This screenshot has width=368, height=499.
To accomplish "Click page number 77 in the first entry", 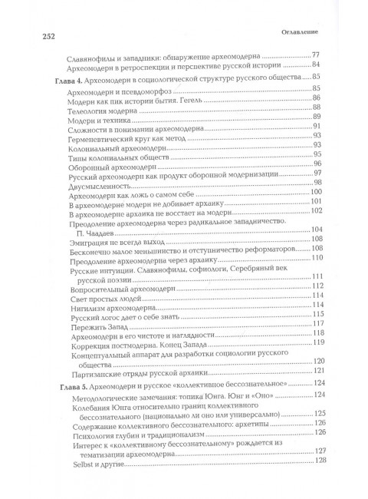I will coord(313,55).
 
